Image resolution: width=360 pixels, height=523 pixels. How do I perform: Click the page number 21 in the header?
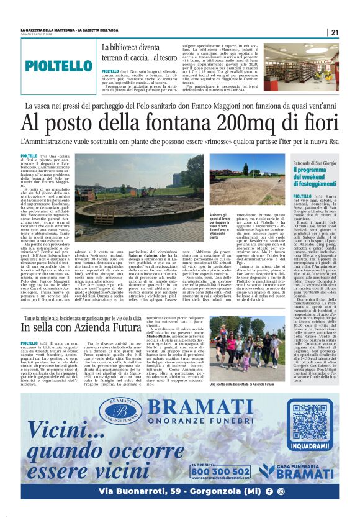334,32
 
